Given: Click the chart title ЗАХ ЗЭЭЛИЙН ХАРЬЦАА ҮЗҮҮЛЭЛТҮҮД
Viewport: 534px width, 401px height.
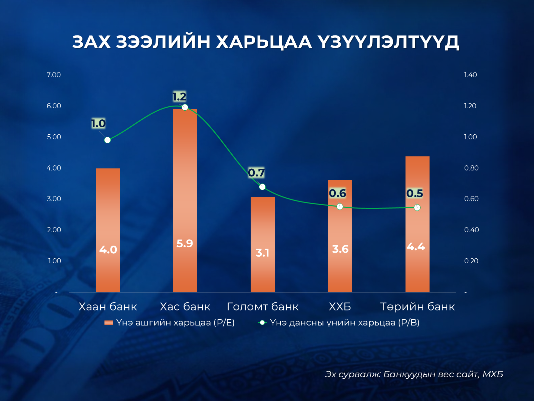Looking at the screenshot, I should [266, 42].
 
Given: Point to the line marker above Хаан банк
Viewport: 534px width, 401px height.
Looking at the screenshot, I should [107, 140].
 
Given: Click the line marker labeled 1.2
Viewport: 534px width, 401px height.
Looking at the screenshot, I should [185, 107].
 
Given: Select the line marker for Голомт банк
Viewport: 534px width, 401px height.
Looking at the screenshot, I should [262, 187].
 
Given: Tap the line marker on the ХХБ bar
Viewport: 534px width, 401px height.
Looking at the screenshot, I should [340, 207].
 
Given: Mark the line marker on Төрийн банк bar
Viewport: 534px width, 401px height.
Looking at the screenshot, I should [417, 208].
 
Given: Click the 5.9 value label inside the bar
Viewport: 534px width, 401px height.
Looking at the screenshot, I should [185, 244].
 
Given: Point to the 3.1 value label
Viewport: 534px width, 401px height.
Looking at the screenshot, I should [262, 253].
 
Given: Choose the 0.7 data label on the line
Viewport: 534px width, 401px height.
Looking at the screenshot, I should [256, 173].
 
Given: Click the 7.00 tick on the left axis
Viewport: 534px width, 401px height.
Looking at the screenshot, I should [54, 75].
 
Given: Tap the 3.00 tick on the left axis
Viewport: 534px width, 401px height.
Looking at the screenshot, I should [54, 199].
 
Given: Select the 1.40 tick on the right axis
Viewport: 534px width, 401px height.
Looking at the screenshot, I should [470, 75].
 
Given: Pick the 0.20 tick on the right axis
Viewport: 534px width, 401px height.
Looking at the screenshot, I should [471, 261].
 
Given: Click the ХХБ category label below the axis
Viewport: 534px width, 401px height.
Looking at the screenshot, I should [340, 306].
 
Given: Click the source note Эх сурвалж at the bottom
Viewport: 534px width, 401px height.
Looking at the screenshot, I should [414, 374].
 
